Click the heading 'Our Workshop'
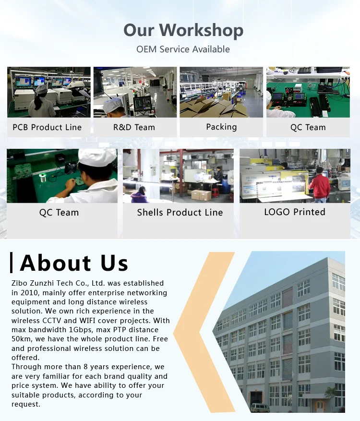click(x=183, y=30)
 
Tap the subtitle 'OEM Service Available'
click(x=183, y=49)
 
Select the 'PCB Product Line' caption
click(x=47, y=127)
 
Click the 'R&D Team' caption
click(x=134, y=127)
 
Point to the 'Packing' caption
click(x=221, y=127)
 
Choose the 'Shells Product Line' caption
click(x=180, y=212)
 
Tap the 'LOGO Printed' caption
click(x=295, y=212)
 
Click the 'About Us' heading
click(x=74, y=263)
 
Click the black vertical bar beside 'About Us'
click(x=11, y=263)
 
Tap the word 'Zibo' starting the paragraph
click(x=20, y=283)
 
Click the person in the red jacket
click(x=321, y=185)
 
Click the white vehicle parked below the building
click(x=260, y=408)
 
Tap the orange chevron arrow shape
click(x=194, y=331)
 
